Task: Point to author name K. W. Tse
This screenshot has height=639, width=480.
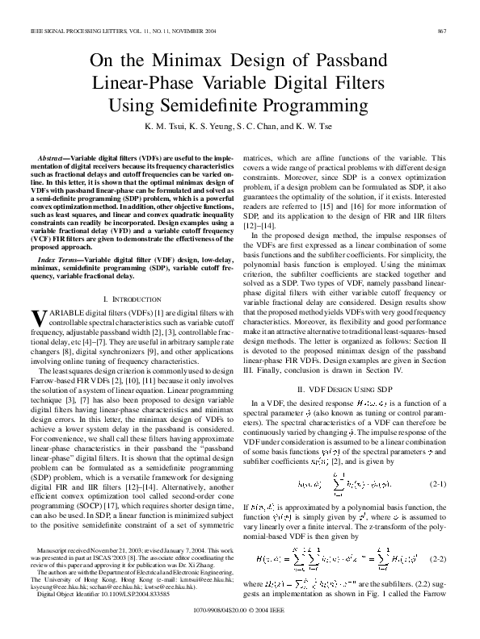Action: (x=317, y=127)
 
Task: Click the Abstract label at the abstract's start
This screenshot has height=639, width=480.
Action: (x=55, y=157)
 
